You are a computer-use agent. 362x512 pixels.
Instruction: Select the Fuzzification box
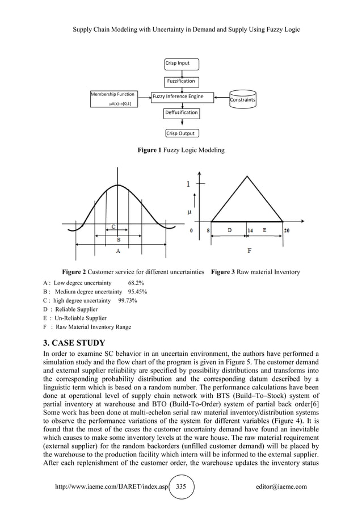[180, 81]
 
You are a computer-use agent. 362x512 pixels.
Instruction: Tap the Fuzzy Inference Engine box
[177, 97]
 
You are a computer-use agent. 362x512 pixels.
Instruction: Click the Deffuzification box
[181, 113]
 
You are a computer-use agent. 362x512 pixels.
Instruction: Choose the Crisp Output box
[180, 133]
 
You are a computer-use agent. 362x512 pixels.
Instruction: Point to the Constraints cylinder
[242, 99]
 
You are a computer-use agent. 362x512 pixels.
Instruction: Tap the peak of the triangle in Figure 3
[247, 177]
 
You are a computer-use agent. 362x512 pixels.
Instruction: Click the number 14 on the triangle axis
[250, 230]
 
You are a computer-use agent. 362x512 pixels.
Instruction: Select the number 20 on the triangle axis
[287, 230]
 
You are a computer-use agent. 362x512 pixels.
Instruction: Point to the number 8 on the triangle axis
[209, 230]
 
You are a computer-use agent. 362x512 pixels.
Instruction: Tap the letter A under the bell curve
[117, 250]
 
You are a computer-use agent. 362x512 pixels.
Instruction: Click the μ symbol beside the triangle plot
[190, 212]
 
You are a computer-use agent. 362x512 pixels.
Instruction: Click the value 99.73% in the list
[127, 300]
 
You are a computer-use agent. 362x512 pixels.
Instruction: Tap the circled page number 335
[181, 486]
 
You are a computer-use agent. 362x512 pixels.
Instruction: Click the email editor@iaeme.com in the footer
[281, 486]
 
